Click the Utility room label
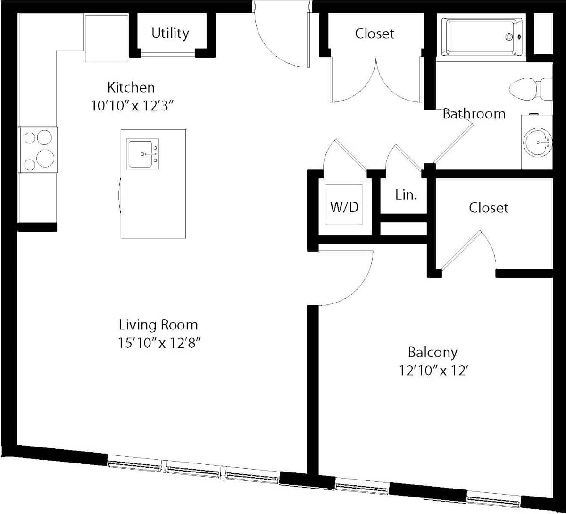170,34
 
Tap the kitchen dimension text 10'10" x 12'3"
132,106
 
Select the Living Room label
158,325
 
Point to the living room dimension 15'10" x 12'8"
159,343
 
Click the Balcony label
433,353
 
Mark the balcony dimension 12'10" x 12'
433,371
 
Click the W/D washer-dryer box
344,204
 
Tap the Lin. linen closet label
406,195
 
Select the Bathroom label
474,114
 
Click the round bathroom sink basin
538,143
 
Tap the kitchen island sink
142,154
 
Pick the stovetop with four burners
38,150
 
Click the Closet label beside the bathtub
375,34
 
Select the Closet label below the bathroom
488,208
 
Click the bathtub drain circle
509,37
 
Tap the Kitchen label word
131,87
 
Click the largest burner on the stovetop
45,158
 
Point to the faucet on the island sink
149,154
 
